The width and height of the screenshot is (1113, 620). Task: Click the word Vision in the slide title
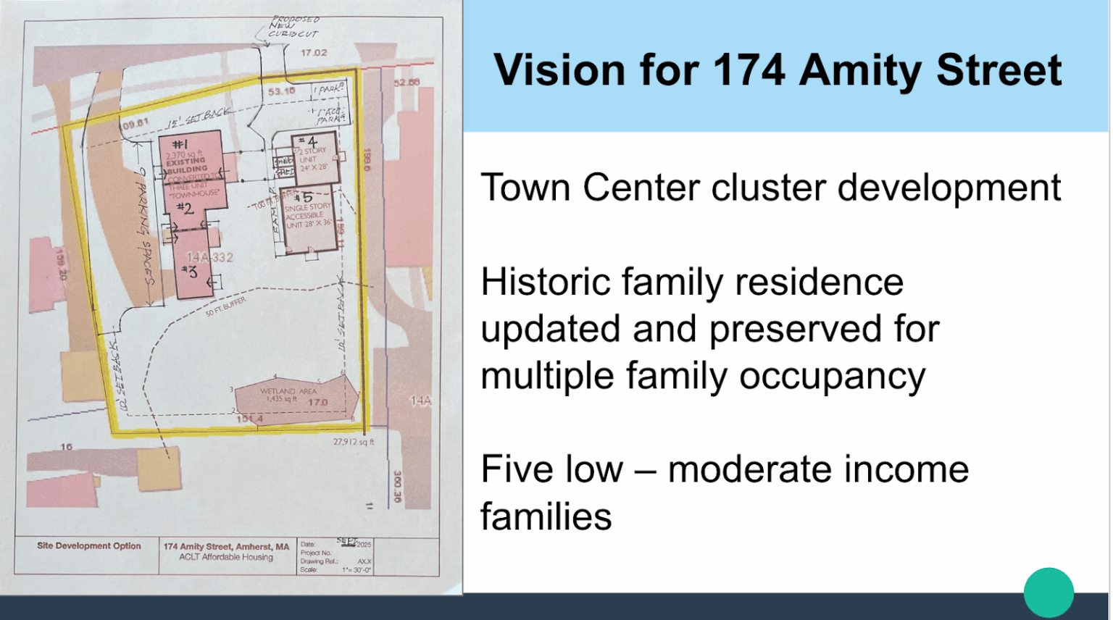[559, 70]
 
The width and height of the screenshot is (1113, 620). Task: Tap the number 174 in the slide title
[749, 70]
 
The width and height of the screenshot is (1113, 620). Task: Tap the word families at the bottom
[546, 516]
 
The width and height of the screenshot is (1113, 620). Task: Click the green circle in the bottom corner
[1048, 592]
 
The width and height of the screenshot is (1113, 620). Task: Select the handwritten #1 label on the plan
[180, 144]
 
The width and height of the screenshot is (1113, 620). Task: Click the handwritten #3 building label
[190, 272]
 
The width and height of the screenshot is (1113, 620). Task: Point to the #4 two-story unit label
[308, 141]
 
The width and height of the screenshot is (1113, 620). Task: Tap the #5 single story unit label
[304, 197]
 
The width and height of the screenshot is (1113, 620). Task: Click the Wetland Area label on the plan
[288, 391]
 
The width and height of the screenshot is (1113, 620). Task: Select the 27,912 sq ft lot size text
[354, 442]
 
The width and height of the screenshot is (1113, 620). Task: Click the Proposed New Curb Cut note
[293, 27]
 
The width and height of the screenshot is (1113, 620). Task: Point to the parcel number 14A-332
[210, 257]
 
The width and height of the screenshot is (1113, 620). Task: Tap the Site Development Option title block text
[88, 546]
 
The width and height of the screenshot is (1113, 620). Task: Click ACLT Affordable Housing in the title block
[226, 557]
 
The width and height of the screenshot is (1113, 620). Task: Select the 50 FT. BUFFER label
[225, 306]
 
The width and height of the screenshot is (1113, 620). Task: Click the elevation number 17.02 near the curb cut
[314, 53]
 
